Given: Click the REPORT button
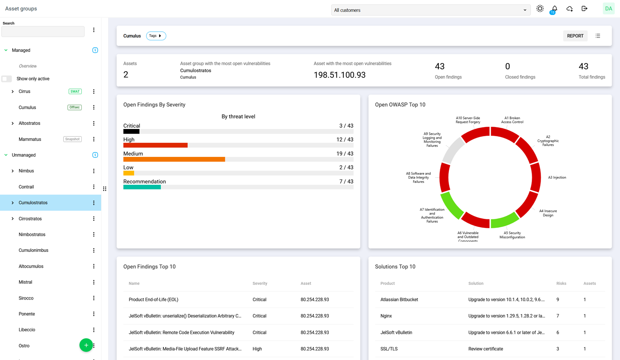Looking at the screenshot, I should tap(575, 36).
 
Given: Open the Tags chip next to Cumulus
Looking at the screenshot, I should tap(156, 36).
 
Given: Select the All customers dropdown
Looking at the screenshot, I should tap(430, 10).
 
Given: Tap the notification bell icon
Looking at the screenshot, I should tap(555, 9).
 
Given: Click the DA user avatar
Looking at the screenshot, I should tap(608, 9).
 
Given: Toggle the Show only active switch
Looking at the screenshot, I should tap(7, 79).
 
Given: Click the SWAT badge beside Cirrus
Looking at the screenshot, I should tap(75, 92).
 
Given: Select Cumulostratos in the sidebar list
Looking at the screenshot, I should tap(33, 203).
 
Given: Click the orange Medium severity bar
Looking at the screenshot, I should tap(174, 159).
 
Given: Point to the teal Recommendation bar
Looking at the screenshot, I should tap(142, 187).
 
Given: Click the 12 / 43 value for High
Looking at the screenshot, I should tap(344, 140).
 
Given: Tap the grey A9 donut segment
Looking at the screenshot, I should tap(453, 150).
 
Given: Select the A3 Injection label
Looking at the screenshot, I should tap(557, 177).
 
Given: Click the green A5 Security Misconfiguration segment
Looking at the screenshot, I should tap(505, 220).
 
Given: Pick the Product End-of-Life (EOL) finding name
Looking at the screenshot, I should tap(153, 300).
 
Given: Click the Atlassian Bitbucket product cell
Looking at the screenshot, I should tap(399, 300).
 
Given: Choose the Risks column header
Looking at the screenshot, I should tap(561, 284).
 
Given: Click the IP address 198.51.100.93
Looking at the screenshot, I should tap(339, 75).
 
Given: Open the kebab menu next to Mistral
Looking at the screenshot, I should tap(94, 282).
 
